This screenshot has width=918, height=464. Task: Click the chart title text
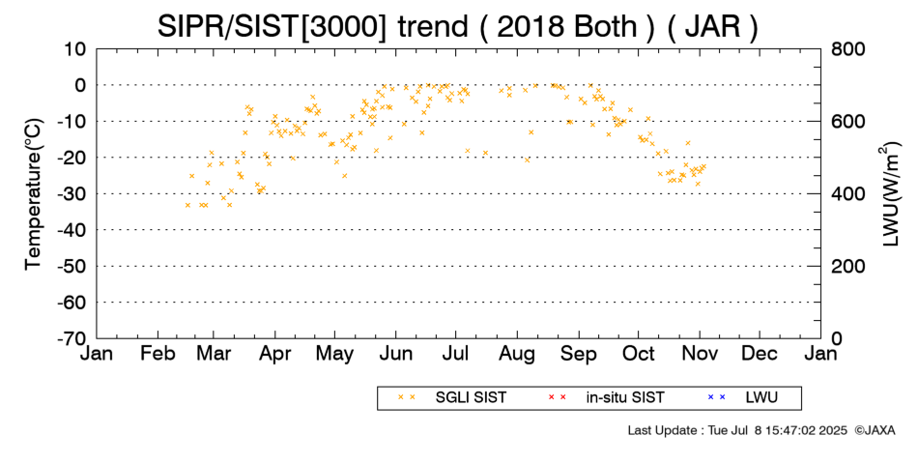457,27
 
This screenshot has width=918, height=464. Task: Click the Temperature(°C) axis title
34,194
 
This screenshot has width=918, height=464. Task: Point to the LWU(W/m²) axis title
889,194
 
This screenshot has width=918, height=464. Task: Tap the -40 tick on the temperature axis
72,230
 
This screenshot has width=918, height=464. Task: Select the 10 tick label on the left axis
75,49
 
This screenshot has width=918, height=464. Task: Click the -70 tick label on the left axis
72,338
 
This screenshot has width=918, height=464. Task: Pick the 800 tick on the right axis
848,49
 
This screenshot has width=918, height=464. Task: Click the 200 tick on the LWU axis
848,267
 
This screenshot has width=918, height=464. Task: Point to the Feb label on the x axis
158,354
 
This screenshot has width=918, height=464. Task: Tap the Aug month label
517,355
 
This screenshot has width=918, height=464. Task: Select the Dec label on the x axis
760,354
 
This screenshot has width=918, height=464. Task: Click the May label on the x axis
334,355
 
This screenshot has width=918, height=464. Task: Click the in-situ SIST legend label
625,398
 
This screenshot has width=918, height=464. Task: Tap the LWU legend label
761,398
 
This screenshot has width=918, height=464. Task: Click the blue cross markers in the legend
717,398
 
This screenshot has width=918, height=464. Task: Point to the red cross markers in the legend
557,398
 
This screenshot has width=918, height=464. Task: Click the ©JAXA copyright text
875,430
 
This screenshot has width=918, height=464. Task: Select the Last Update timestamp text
737,430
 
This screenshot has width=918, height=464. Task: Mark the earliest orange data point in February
187,205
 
